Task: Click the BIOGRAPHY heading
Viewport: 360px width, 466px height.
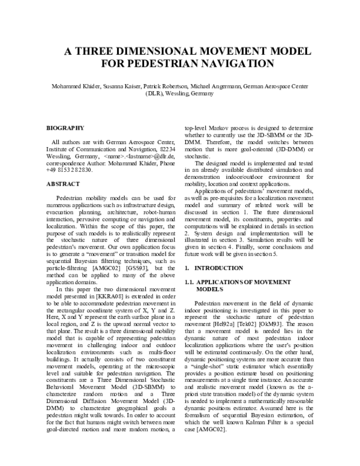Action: tap(65, 128)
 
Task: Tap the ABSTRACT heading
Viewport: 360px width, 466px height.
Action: tap(63, 183)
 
